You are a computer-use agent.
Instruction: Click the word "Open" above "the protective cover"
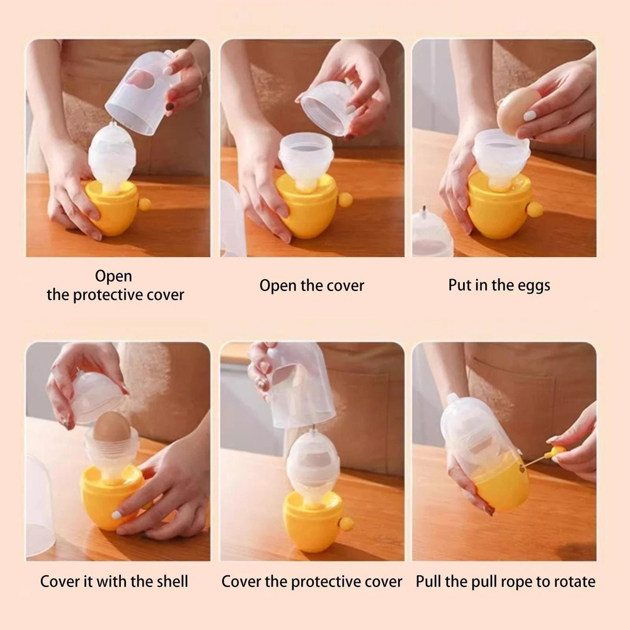click(114, 276)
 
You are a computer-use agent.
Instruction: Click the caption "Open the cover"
click(312, 285)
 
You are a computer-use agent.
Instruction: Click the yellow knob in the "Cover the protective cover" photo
click(346, 523)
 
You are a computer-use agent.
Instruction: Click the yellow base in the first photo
click(113, 208)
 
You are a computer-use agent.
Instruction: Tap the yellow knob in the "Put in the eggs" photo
click(535, 210)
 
